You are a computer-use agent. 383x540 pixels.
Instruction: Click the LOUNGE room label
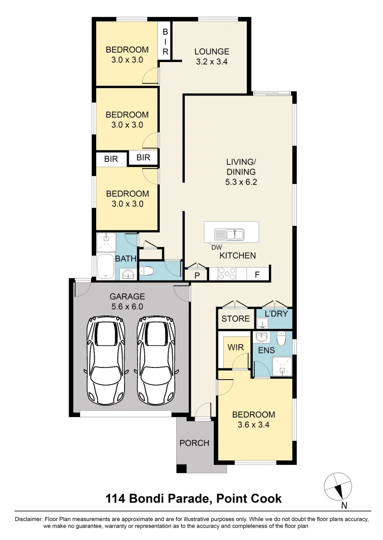coord(212,51)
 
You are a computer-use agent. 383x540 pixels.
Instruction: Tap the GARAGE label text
coord(127,296)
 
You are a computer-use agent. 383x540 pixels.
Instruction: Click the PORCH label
coord(194,443)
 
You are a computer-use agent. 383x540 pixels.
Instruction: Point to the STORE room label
coord(235,318)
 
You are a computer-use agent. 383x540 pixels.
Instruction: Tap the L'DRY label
coord(274,313)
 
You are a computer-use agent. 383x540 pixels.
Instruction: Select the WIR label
coord(235,346)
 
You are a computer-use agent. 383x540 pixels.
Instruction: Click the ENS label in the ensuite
coord(266,350)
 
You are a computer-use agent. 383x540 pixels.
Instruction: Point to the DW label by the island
coord(217,247)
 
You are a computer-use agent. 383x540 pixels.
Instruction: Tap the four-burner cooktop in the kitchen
coord(227,274)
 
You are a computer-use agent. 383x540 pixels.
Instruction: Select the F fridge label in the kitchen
coord(257,274)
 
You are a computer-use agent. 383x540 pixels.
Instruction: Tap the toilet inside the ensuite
coord(281,340)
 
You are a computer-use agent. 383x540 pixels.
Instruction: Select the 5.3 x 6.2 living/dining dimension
coord(241,182)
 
